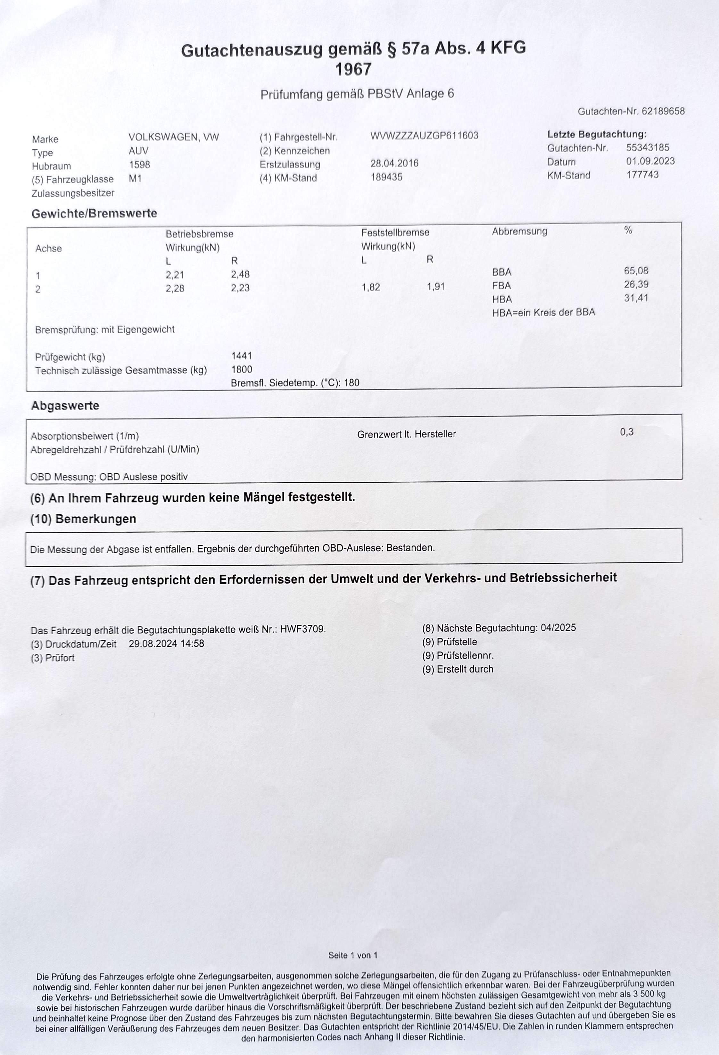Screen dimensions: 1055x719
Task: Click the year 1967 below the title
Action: pos(353,70)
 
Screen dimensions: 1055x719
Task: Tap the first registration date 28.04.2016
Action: pos(394,163)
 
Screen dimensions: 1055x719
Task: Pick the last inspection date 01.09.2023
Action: pos(650,161)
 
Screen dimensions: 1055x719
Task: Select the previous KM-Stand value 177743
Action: pos(642,175)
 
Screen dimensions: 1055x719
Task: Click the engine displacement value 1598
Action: pos(139,165)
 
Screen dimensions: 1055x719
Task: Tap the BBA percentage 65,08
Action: pos(636,271)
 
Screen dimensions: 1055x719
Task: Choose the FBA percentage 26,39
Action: pos(636,285)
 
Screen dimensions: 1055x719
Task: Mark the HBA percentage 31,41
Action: pos(636,298)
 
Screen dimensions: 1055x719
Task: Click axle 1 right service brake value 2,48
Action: pos(240,274)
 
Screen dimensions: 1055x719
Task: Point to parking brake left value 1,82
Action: pos(371,287)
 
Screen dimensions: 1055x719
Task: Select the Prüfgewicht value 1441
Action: pos(242,356)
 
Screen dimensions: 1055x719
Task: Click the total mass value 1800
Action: pos(242,370)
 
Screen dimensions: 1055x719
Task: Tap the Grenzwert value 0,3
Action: pos(626,432)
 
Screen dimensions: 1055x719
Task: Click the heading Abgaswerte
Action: pos(65,405)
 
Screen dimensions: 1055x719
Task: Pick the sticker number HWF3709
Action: pos(303,630)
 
